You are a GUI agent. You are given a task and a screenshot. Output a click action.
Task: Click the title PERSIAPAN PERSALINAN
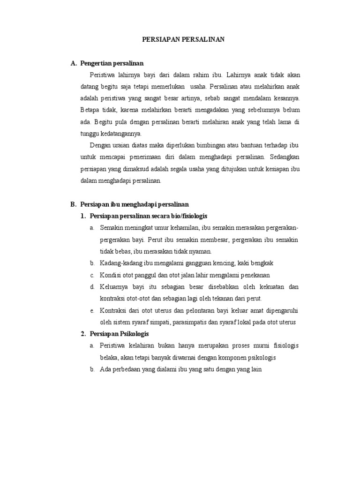[x=183, y=40]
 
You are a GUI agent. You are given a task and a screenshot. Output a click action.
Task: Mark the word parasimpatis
[x=194, y=322]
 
